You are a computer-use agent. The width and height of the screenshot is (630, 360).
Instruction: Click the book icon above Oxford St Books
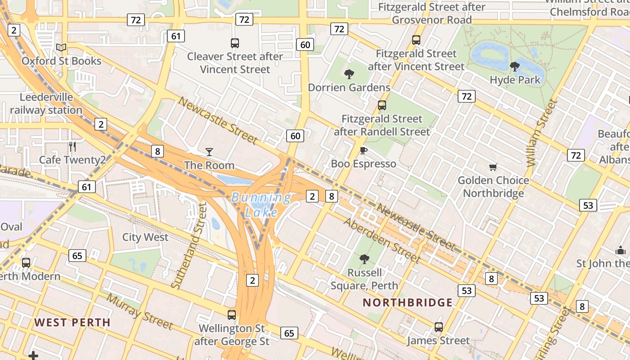(x=61, y=47)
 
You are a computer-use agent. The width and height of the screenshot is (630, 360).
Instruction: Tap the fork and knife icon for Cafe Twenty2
(x=72, y=146)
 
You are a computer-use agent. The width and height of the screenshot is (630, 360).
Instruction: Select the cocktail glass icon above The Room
(x=209, y=152)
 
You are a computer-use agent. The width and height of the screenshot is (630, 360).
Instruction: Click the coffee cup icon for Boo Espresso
(x=363, y=150)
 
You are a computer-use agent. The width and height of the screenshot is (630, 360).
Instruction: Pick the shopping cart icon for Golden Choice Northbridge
(x=493, y=167)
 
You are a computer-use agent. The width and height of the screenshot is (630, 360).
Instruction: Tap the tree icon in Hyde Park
(x=515, y=67)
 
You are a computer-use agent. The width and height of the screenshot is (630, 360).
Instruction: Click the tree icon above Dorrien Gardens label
(x=349, y=74)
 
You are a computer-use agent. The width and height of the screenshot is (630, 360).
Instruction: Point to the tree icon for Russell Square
(x=364, y=259)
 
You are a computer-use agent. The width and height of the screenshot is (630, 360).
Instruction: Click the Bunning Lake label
(x=261, y=204)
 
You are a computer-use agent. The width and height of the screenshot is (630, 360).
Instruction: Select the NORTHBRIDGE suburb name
(x=408, y=302)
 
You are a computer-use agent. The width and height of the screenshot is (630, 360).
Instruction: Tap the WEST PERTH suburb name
(x=72, y=322)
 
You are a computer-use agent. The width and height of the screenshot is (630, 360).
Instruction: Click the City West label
(x=145, y=237)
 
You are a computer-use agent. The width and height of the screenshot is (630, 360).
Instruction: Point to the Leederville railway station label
(x=46, y=103)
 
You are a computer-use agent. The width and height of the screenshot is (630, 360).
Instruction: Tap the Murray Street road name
(x=139, y=311)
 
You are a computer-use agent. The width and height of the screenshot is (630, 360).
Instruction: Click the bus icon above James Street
(x=439, y=327)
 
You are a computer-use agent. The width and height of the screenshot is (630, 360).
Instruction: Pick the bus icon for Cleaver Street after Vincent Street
(x=234, y=43)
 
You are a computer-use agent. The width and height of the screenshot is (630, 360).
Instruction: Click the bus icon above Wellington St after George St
(x=232, y=315)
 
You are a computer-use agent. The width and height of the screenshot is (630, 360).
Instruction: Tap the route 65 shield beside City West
(x=77, y=256)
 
